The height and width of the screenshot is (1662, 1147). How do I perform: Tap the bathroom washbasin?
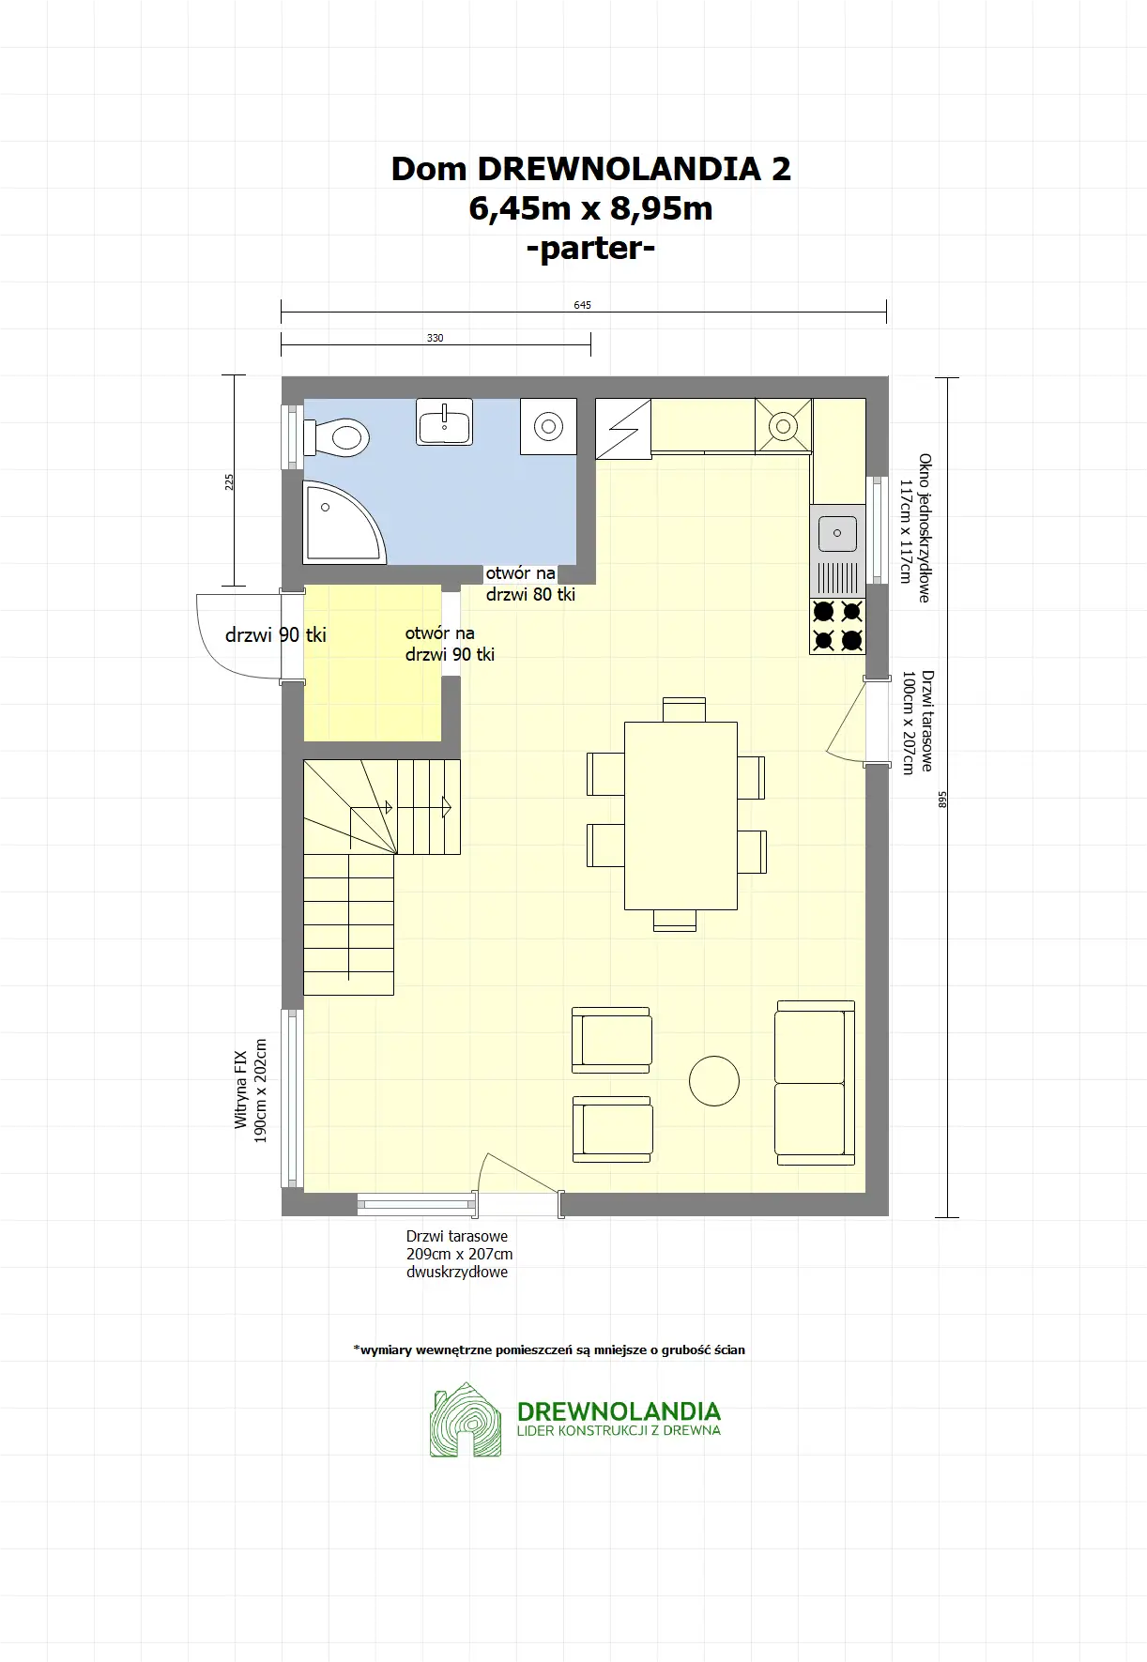click(x=444, y=421)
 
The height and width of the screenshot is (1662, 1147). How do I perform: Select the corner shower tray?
click(x=342, y=524)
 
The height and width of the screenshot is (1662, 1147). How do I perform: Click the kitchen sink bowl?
click(x=837, y=533)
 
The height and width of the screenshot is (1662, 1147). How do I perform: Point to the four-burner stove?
click(x=837, y=626)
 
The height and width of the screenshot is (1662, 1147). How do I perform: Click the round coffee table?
click(x=714, y=1080)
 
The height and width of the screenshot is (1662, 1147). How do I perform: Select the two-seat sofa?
click(x=815, y=1083)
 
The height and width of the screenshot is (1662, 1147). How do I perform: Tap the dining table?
click(x=681, y=816)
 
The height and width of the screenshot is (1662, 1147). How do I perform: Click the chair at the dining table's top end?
click(x=683, y=709)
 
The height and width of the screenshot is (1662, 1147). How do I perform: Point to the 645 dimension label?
click(x=583, y=305)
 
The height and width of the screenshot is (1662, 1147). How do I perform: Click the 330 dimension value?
click(x=436, y=338)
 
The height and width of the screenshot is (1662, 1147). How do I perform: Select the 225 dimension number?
click(x=230, y=482)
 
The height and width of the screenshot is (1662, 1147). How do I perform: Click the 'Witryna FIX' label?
click(x=240, y=1090)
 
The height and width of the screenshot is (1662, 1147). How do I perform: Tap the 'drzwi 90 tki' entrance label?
click(x=276, y=635)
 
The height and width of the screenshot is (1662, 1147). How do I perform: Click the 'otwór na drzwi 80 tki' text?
click(x=530, y=584)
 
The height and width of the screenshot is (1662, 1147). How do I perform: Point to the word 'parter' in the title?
click(x=591, y=249)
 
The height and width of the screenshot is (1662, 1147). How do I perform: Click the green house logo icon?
click(x=466, y=1420)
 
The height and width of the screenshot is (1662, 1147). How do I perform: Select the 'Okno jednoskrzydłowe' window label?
click(x=925, y=527)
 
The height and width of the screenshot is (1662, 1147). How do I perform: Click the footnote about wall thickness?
click(x=549, y=1350)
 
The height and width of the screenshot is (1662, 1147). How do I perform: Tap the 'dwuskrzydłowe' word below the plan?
click(x=457, y=1273)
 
